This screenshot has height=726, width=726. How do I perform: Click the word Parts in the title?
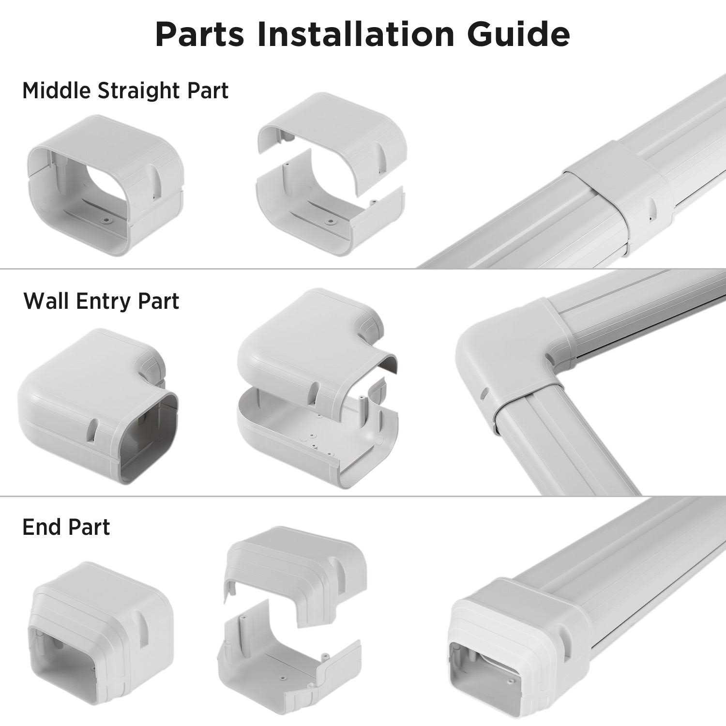coord(199,34)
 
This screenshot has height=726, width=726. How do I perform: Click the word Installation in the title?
coord(355,34)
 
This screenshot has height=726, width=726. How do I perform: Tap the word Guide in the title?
coord(518,34)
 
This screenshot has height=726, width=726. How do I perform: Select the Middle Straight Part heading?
coord(125,91)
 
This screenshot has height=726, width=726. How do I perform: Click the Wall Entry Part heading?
coord(101,301)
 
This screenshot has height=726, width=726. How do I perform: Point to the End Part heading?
coord(66,527)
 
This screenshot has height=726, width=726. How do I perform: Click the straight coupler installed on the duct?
coord(620,194)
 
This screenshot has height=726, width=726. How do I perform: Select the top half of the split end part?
coord(295,566)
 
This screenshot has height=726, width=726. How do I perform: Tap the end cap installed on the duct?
coord(518,644)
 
